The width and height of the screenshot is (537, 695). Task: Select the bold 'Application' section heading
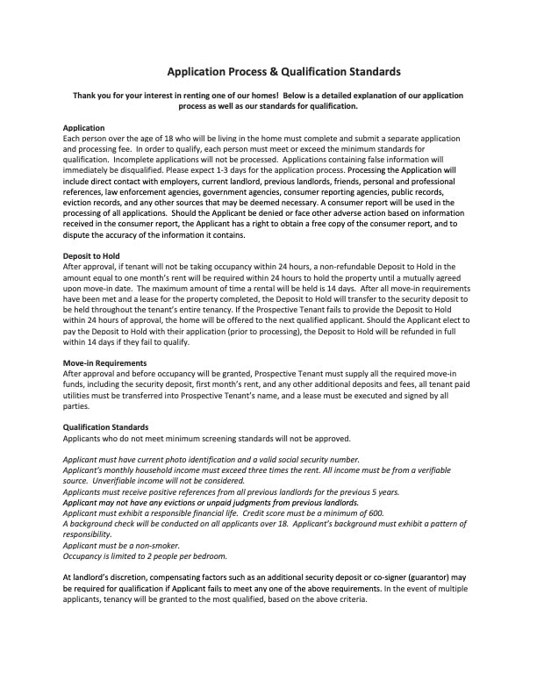84,128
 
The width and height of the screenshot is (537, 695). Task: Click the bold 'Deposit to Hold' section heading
91,256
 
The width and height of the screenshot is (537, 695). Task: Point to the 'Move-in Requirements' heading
105,363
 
